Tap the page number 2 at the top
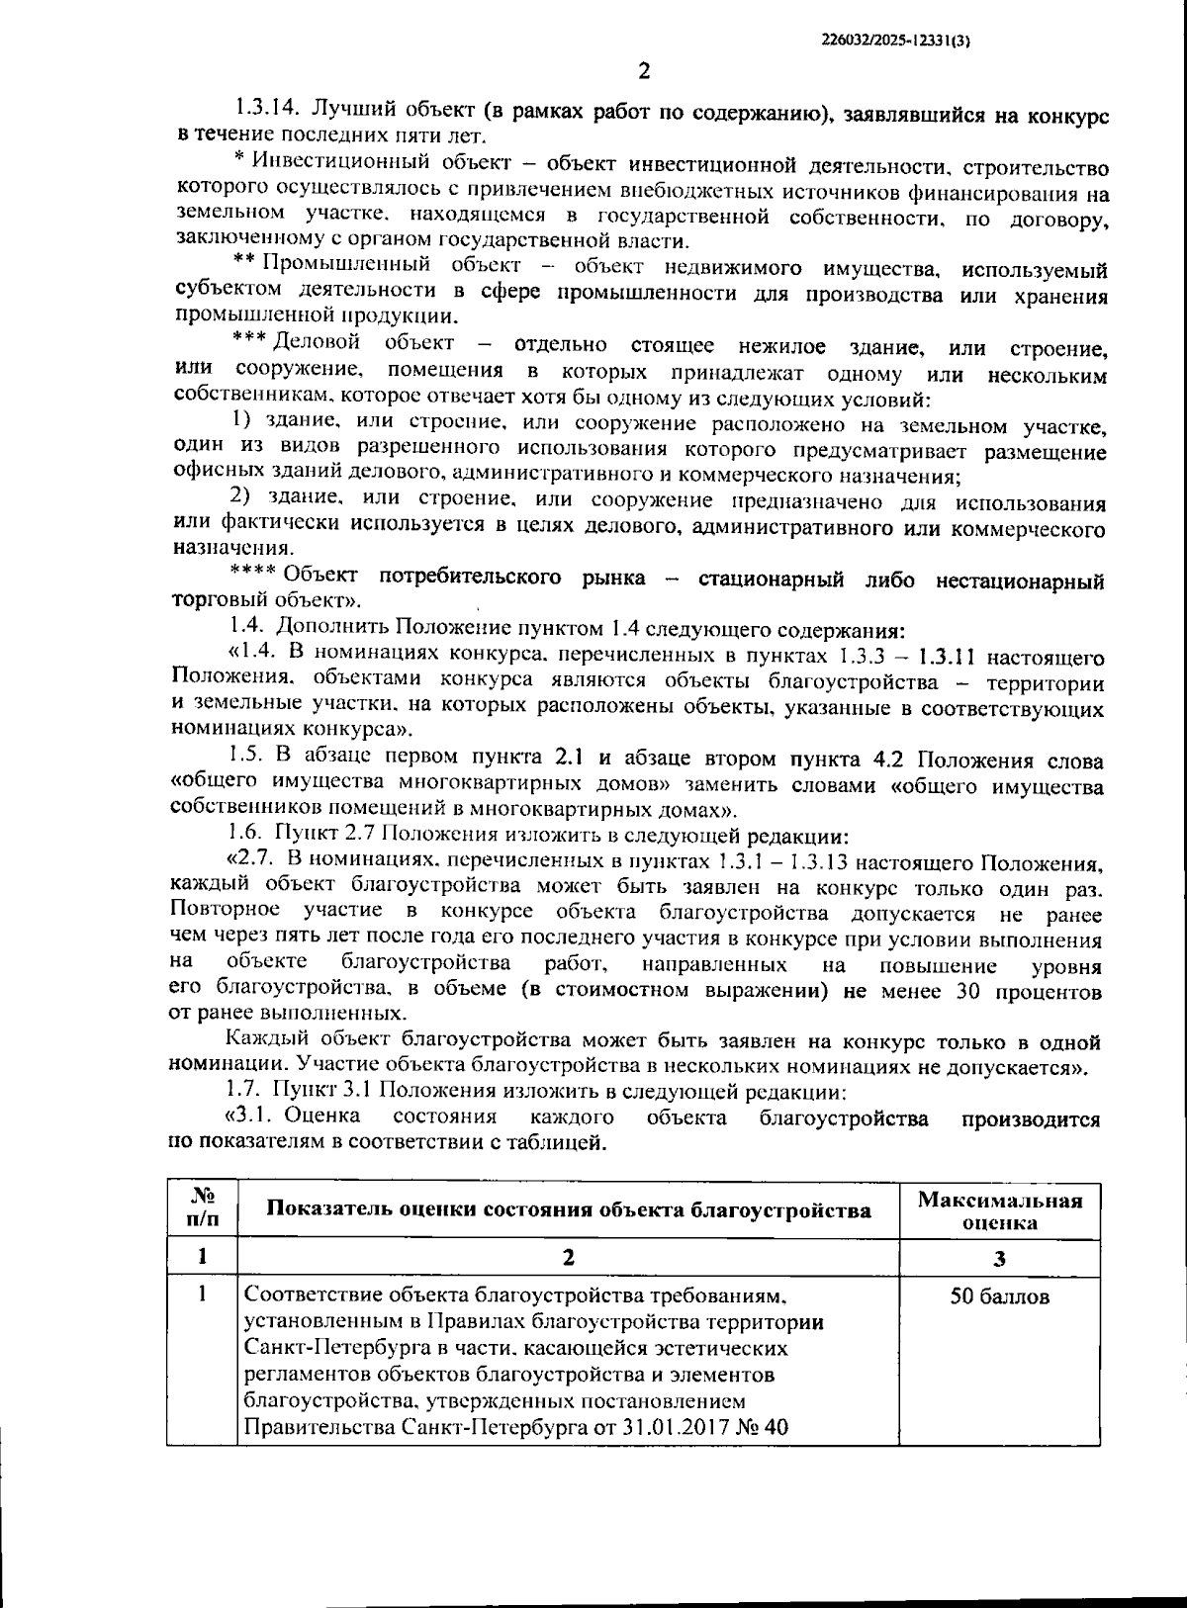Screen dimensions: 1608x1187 click(644, 71)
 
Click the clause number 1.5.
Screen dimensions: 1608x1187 click(247, 758)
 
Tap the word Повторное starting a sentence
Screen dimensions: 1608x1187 click(225, 910)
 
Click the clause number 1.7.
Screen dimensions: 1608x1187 click(247, 1091)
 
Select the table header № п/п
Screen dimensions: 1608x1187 click(202, 1208)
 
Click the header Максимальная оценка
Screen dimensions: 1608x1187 click(999, 1210)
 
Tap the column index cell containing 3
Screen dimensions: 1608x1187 click(999, 1258)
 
